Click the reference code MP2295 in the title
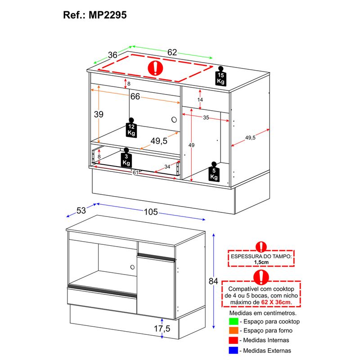(108, 15)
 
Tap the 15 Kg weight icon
(220, 76)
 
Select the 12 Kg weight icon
(131, 128)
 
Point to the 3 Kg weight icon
(126, 157)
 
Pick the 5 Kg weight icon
(214, 172)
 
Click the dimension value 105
(151, 212)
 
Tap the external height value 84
(213, 281)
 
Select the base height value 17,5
(162, 328)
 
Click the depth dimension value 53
(81, 211)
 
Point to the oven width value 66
(135, 96)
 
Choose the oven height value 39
(99, 114)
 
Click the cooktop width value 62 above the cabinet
(172, 53)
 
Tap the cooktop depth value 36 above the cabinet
(113, 55)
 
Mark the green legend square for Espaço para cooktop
(234, 321)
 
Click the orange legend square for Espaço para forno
(234, 331)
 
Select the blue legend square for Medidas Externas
(234, 351)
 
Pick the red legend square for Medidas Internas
(234, 340)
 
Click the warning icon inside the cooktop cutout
(155, 68)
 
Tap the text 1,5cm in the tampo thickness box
(261, 262)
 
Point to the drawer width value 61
(135, 172)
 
